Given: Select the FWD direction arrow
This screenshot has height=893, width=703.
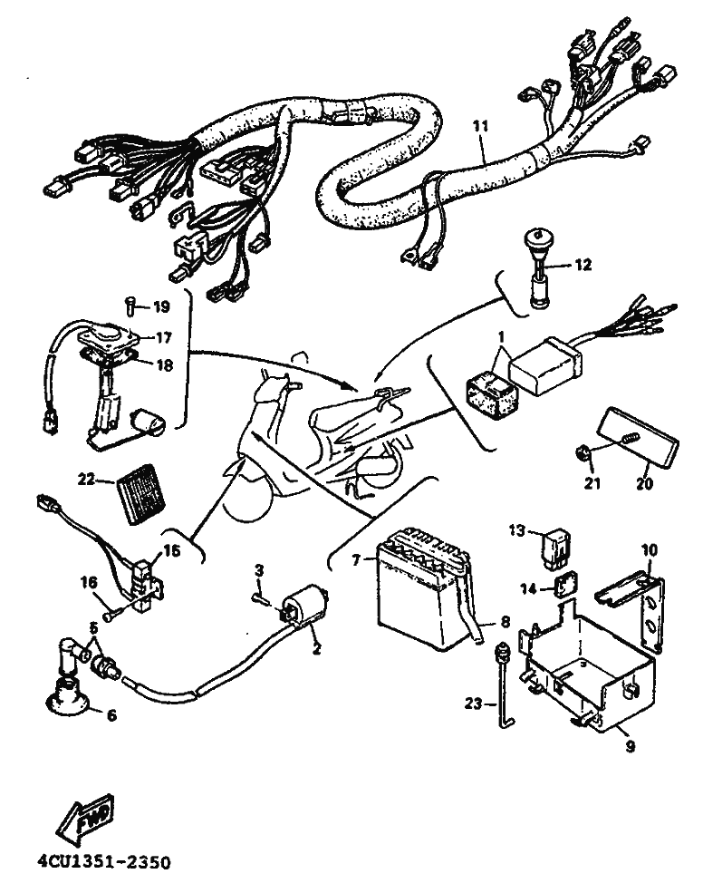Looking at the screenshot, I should [x=83, y=820].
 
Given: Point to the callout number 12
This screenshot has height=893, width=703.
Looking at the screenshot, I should [x=583, y=265].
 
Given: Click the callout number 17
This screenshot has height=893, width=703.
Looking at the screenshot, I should [x=162, y=337].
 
